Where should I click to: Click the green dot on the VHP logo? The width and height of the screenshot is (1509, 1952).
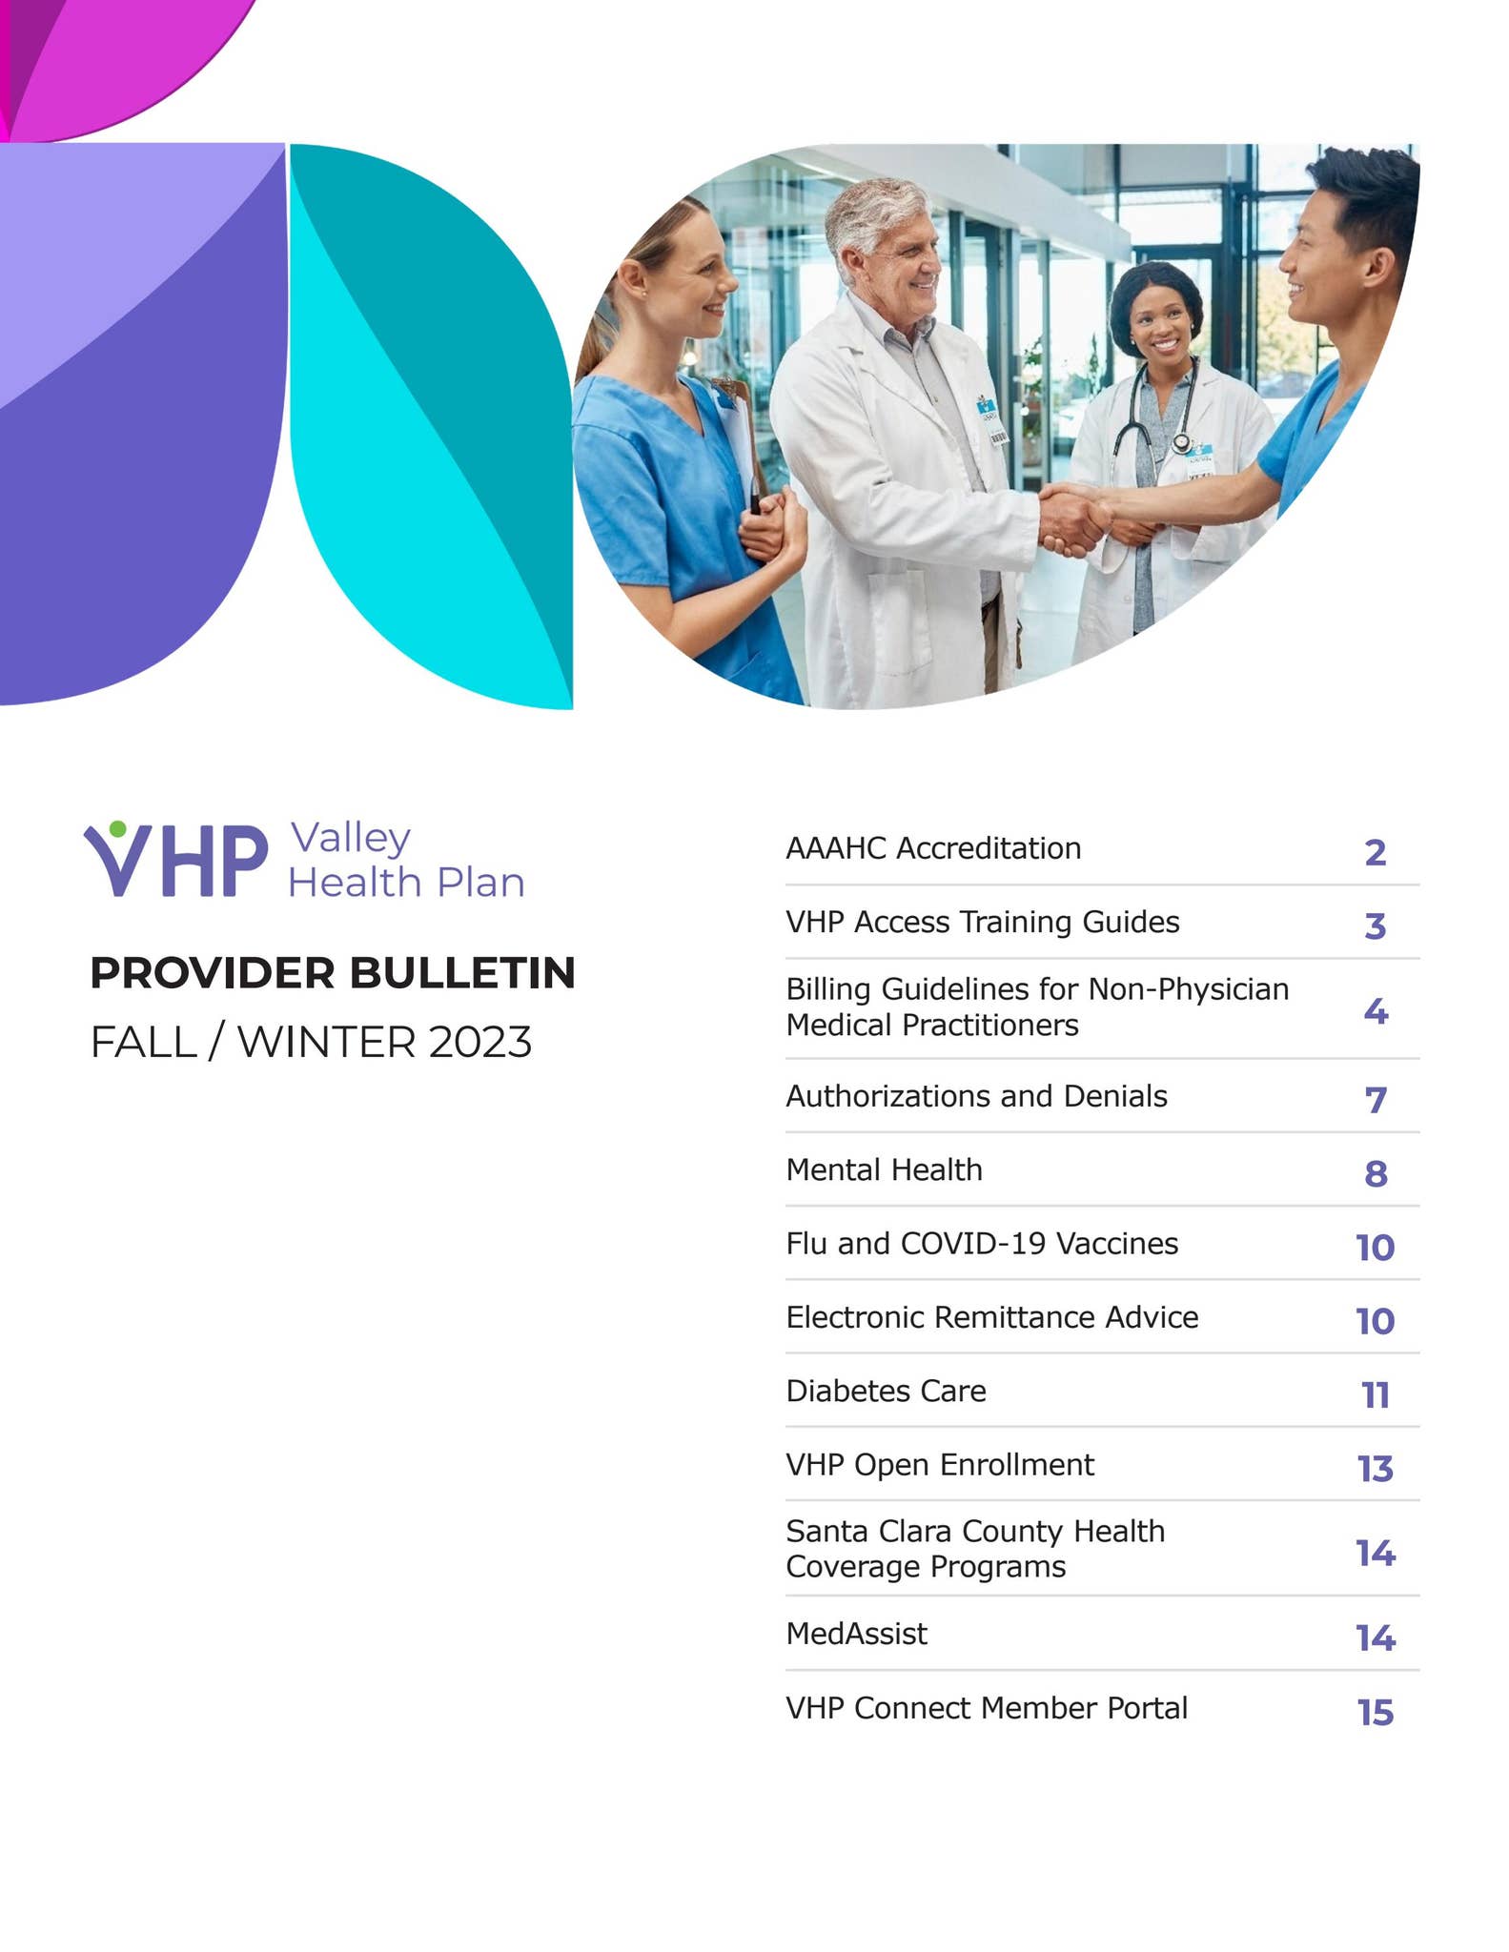tap(117, 829)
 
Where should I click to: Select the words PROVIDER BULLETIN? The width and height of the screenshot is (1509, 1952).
tap(332, 973)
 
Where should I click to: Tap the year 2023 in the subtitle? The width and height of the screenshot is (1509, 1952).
tap(479, 1043)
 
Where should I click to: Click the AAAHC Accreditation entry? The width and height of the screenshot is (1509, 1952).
tap(932, 848)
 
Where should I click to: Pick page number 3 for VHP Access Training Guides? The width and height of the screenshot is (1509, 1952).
tap(1374, 925)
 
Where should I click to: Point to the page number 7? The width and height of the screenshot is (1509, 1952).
tap(1375, 1100)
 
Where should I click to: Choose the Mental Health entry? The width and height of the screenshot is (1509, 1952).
tap(884, 1169)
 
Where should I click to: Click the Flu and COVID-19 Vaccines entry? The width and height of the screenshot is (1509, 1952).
tap(981, 1244)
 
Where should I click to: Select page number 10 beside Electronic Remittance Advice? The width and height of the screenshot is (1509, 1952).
tap(1375, 1321)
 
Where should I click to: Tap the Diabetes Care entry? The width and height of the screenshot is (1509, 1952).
tap(886, 1391)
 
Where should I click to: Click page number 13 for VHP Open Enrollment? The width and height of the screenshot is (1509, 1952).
tap(1375, 1469)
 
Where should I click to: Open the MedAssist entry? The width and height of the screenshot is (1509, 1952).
tap(856, 1634)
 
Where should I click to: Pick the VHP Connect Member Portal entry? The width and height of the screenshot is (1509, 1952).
tap(986, 1708)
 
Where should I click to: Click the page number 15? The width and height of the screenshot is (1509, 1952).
tap(1375, 1713)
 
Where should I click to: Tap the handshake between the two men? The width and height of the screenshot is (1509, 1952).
tap(1073, 518)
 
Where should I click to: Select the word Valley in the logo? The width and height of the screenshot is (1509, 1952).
tap(350, 838)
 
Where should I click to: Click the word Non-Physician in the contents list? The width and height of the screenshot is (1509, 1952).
tap(1188, 989)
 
